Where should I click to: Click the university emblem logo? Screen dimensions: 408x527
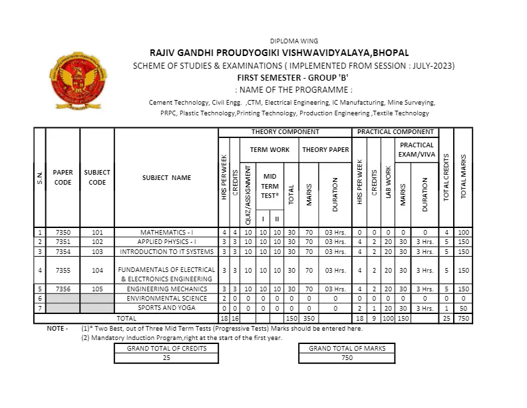(77, 82)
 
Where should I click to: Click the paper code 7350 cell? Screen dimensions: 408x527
(63, 232)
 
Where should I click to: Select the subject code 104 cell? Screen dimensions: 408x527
(97, 271)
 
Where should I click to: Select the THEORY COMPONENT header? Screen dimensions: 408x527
(285, 132)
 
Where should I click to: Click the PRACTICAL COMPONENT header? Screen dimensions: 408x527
(395, 132)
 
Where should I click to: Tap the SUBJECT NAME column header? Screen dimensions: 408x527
(166, 177)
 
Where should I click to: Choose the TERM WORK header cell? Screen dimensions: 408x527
(269, 150)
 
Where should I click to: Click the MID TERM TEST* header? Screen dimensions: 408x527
(269, 181)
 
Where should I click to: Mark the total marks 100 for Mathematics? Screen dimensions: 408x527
(464, 232)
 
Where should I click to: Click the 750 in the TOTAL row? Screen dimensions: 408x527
(464, 319)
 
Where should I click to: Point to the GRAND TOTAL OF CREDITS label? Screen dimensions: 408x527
(166, 348)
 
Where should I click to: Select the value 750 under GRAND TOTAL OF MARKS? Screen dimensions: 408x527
(347, 358)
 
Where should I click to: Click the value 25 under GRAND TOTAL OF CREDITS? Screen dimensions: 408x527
(166, 358)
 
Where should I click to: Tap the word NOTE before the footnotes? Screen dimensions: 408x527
(57, 329)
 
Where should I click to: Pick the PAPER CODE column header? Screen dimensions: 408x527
(63, 177)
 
